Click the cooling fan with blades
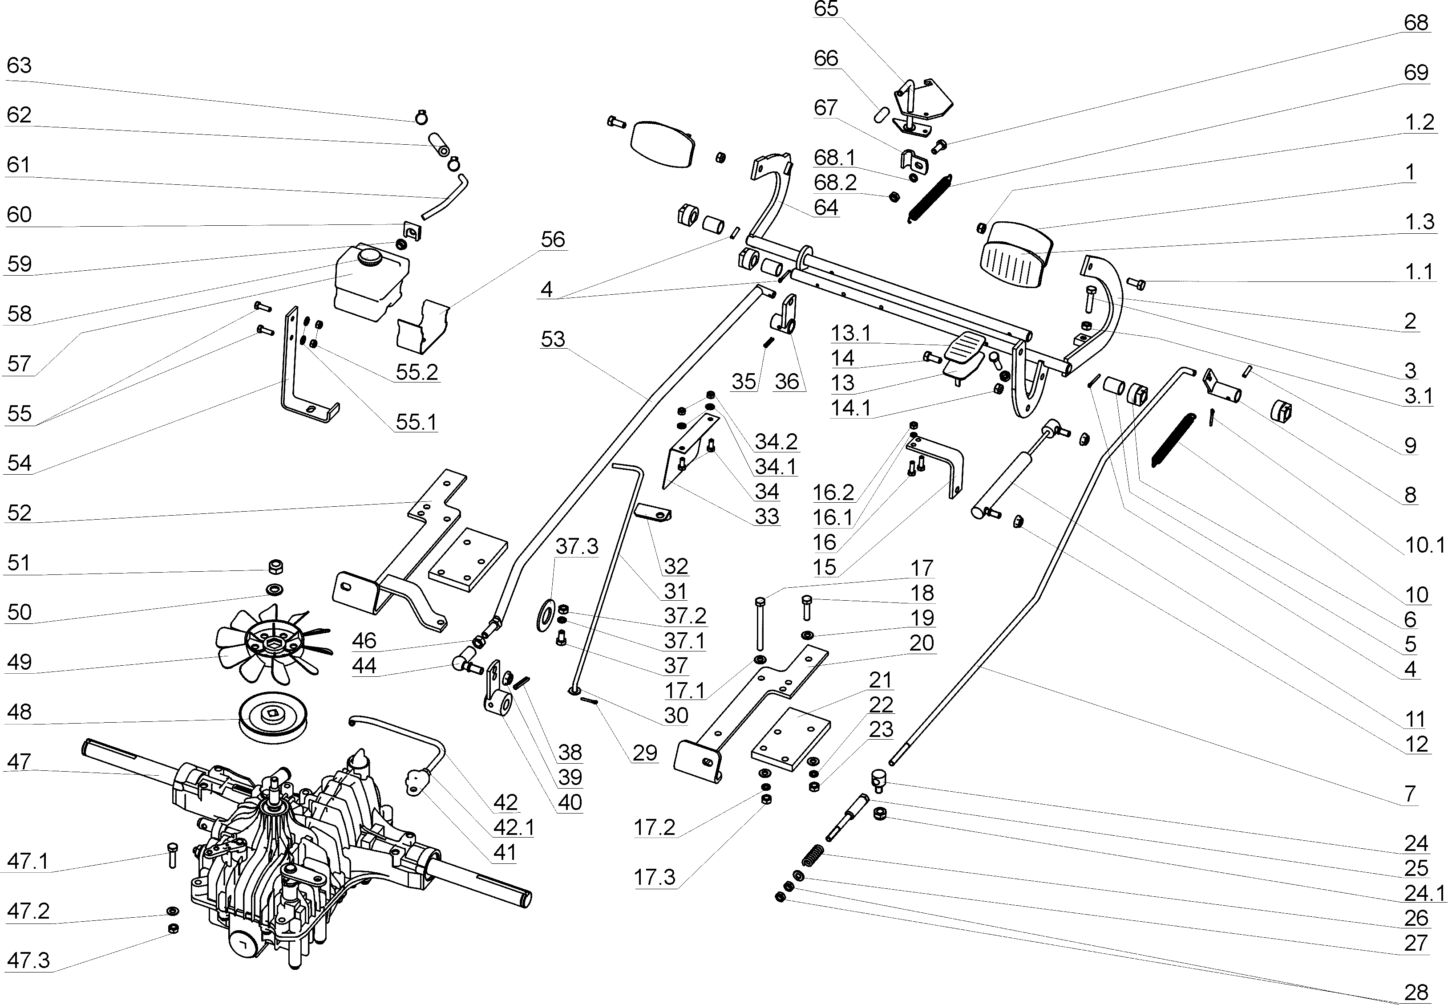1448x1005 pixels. pos(272,642)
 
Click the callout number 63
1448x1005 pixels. pos(19,65)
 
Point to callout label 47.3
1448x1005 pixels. pos(28,960)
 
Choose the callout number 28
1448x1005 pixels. pos(1416,993)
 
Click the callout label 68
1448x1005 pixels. pos(1416,23)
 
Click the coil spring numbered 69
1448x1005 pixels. pos(930,199)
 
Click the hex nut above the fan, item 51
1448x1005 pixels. pos(275,567)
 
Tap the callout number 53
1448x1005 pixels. pos(553,339)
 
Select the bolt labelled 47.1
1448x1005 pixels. pos(173,854)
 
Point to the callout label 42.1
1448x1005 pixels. pos(514,827)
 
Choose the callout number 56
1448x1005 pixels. pos(553,239)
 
